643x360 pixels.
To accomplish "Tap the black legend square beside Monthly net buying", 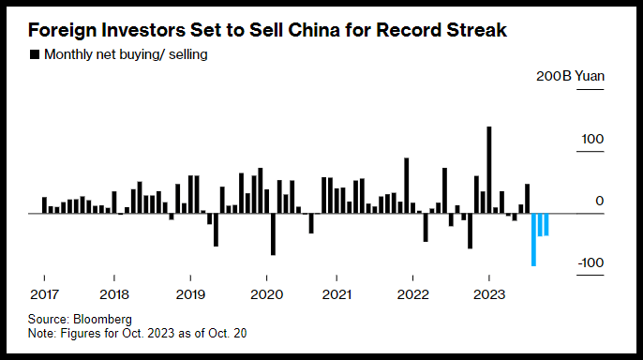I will [x=35, y=54].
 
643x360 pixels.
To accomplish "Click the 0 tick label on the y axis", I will [x=600, y=202].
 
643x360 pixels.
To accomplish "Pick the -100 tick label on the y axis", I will [x=591, y=263].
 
